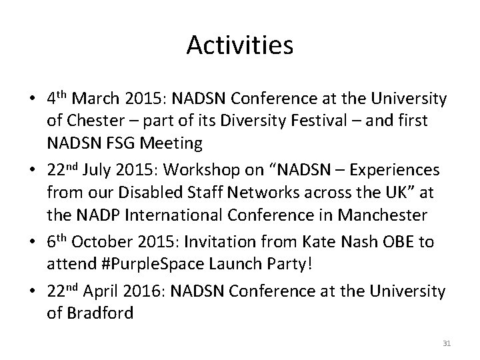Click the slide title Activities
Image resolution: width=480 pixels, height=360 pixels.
click(240, 45)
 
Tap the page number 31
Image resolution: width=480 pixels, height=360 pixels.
click(447, 343)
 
